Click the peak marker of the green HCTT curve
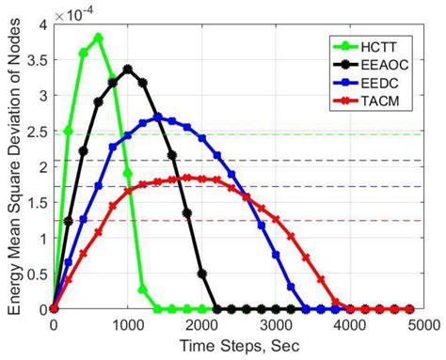(x=98, y=38)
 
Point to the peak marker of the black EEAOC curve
(x=128, y=69)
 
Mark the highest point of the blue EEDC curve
(x=157, y=117)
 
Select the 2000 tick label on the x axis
(x=201, y=324)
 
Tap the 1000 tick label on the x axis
(x=128, y=324)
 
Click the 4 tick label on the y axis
(x=40, y=25)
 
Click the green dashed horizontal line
(x=282, y=134)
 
